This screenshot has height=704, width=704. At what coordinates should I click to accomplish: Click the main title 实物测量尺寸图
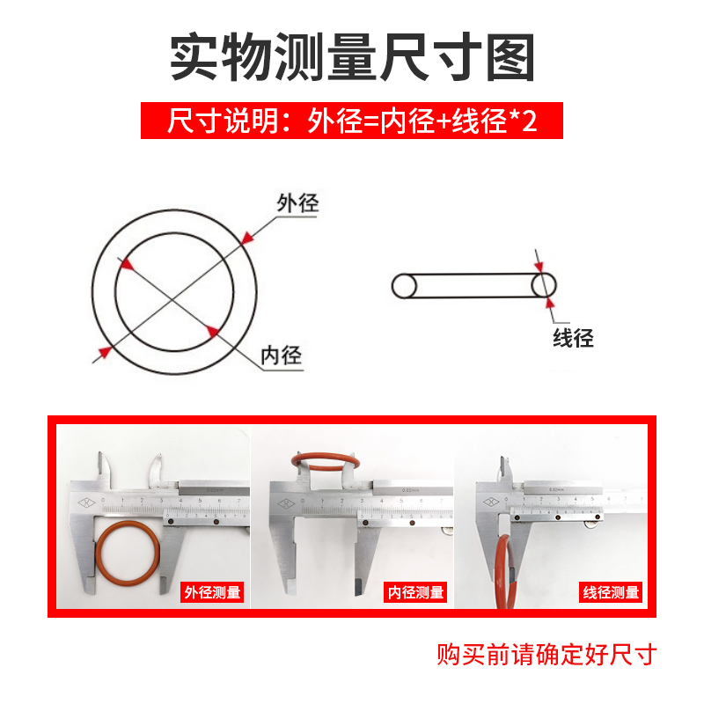[352, 57]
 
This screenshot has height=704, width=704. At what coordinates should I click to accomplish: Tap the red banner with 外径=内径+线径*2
[352, 121]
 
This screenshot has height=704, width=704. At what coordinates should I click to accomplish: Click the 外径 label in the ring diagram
[297, 203]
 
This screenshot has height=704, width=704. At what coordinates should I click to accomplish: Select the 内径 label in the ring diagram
[282, 356]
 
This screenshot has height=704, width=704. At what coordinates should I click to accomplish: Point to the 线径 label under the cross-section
[573, 337]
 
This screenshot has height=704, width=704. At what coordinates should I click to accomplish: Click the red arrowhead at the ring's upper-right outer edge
[249, 237]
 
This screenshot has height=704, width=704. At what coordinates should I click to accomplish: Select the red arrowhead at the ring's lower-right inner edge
[212, 330]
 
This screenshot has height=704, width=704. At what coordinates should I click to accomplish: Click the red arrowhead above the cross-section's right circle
[540, 262]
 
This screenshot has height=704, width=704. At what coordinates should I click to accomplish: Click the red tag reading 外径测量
[211, 592]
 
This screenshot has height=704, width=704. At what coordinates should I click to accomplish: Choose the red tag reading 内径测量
[416, 592]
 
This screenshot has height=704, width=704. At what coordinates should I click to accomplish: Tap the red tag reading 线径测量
[611, 592]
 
